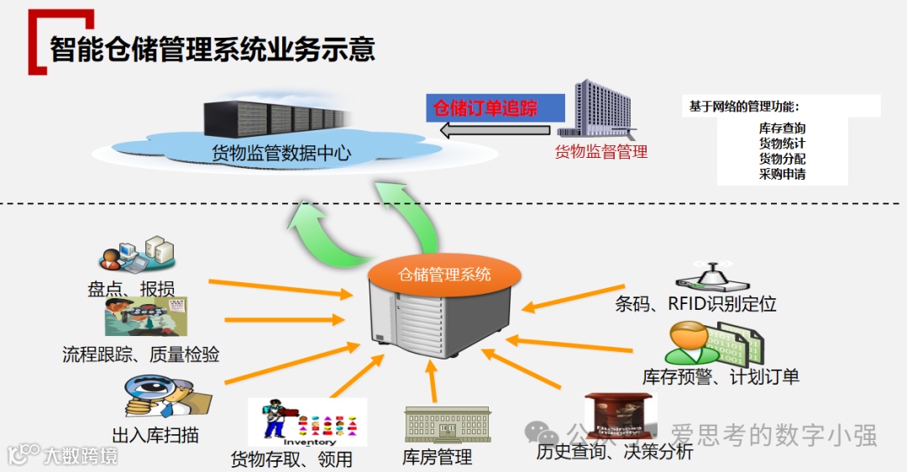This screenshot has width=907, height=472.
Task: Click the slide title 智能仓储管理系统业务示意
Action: [212, 48]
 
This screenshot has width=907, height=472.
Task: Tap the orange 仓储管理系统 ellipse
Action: [445, 273]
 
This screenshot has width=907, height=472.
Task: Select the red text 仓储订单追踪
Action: [485, 108]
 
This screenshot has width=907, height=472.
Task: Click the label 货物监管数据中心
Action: [281, 153]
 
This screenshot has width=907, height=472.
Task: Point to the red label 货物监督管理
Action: [601, 152]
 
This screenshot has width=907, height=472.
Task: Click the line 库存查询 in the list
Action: [782, 128]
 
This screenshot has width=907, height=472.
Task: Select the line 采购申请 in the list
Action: [782, 174]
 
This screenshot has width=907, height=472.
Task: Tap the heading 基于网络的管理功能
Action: [744, 107]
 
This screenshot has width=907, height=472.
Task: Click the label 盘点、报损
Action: [131, 289]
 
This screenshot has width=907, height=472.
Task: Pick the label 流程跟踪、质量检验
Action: [140, 354]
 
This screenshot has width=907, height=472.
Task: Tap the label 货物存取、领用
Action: [291, 459]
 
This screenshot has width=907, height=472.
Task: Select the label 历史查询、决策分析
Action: [615, 452]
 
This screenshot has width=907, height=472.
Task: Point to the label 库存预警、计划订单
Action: [721, 377]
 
